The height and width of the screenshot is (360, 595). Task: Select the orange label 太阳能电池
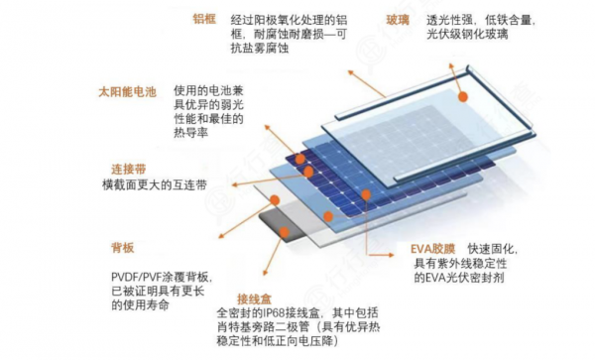(x=127, y=91)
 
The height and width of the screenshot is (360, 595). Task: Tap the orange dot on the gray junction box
(x=284, y=231)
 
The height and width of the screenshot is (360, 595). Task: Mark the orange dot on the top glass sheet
(x=462, y=96)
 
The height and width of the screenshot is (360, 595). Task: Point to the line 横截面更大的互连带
(x=155, y=184)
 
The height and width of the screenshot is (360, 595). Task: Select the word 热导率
(x=188, y=132)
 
